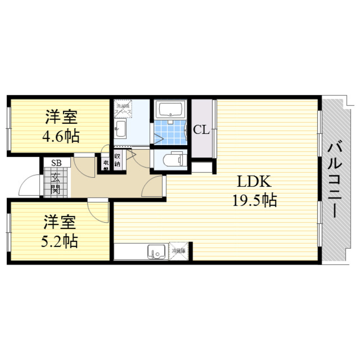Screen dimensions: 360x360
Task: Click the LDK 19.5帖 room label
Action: tap(254, 191)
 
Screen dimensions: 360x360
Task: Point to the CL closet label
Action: tap(201, 130)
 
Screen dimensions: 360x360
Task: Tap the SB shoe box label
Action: tap(56, 163)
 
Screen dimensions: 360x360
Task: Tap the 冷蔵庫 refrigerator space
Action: tap(178, 251)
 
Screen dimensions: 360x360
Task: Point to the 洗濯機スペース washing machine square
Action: tap(123, 109)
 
